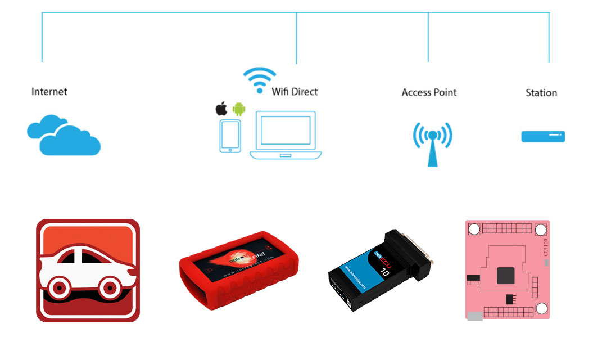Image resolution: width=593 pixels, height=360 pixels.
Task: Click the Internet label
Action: (x=49, y=92)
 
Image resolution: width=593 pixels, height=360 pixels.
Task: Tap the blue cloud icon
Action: (x=64, y=135)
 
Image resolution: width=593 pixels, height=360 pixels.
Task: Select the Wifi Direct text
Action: (x=295, y=92)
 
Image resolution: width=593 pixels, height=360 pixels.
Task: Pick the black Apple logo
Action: (x=221, y=109)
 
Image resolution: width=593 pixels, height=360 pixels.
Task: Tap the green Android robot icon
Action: (x=238, y=109)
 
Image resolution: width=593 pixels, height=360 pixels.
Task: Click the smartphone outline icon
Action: (x=230, y=136)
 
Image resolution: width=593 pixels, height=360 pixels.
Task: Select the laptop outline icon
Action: (x=286, y=135)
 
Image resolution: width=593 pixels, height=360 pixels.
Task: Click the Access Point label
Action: (x=429, y=92)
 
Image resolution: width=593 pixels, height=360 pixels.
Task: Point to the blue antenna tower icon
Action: (x=432, y=143)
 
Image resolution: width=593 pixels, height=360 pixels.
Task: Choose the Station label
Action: (x=541, y=93)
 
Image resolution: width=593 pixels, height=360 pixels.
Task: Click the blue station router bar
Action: (x=543, y=136)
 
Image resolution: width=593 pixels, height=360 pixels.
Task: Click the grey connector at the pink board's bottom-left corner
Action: (x=475, y=316)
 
